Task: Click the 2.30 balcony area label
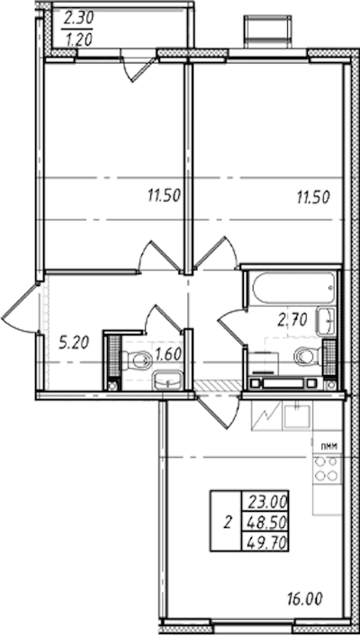[78, 19]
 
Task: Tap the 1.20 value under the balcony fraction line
[78, 39]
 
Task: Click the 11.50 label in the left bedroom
[164, 197]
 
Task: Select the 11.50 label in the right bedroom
[312, 197]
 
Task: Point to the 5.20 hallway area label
[75, 344]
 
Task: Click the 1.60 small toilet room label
[167, 356]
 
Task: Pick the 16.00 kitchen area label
[306, 598]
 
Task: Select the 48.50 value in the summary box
[265, 523]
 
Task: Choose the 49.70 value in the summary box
[265, 542]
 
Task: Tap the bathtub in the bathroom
[293, 287]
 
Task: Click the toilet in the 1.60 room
[136, 359]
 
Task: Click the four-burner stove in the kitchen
[327, 468]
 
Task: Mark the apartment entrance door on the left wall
[21, 309]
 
